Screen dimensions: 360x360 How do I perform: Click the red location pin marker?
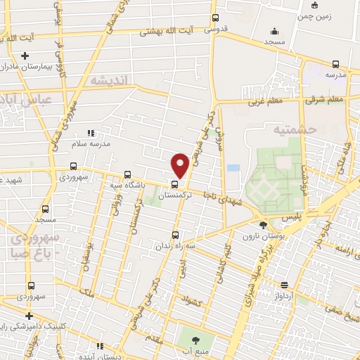point(180,165)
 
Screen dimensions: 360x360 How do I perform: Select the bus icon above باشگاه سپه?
point(127,174)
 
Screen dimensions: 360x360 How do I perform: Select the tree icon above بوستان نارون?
point(263,226)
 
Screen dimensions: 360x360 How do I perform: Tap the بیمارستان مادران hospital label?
point(30,66)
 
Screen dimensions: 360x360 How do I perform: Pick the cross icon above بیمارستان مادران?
point(25,55)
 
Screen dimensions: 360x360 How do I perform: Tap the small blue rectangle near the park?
point(233,168)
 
